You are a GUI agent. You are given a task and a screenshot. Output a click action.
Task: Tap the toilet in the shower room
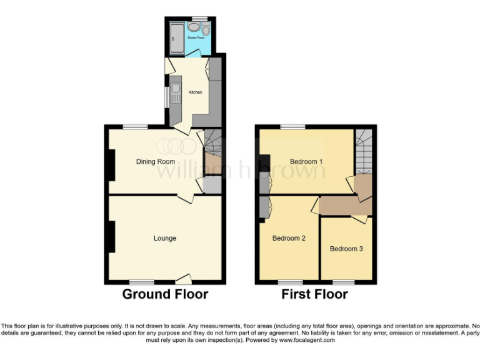pyautogui.click(x=206, y=29)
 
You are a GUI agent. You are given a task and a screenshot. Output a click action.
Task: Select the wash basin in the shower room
pyautogui.click(x=194, y=27)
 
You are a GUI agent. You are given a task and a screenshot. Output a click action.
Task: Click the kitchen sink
pyautogui.click(x=176, y=89)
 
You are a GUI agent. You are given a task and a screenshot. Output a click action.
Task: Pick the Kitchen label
pyautogui.click(x=196, y=92)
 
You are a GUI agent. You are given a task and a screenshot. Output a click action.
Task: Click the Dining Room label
pyautogui.click(x=156, y=161)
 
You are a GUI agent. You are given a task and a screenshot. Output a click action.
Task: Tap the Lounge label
pyautogui.click(x=165, y=238)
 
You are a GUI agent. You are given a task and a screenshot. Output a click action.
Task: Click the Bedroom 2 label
pyautogui.click(x=289, y=238)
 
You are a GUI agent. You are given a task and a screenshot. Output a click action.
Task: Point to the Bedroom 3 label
pyautogui.click(x=346, y=249)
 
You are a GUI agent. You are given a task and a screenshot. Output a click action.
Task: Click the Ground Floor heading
pyautogui.click(x=165, y=294)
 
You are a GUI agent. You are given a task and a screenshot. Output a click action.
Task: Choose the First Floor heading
pyautogui.click(x=315, y=294)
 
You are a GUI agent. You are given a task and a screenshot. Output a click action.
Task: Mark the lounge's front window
pyautogui.click(x=142, y=282)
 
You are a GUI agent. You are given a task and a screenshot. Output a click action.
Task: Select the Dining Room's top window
pyautogui.click(x=134, y=127)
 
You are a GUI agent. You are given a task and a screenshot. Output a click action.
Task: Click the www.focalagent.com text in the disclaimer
pyautogui.click(x=306, y=341)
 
